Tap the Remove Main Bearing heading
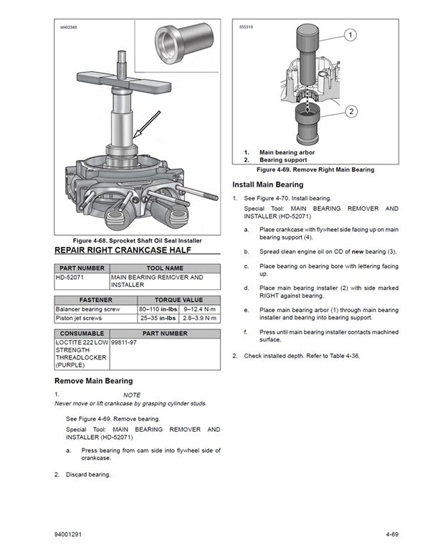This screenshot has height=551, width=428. tap(93, 381)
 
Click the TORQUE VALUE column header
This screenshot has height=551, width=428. tap(179, 300)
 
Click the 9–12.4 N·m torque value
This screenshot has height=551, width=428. tap(200, 309)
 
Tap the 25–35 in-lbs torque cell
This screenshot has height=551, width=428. tap(158, 317)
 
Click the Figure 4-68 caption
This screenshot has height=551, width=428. tap(137, 240)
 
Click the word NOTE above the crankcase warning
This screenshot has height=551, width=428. tap(132, 395)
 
